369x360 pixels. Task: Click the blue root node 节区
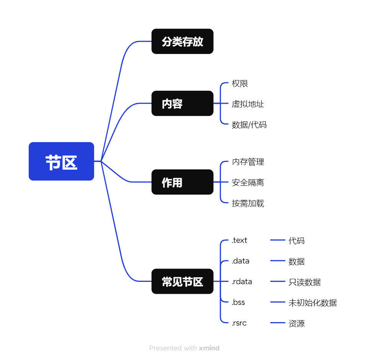click(61, 161)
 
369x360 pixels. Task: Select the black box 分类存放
click(182, 41)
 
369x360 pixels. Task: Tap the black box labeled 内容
click(182, 103)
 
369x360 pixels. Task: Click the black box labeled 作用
click(182, 182)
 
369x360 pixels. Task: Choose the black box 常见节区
click(182, 281)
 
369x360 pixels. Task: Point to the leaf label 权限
click(240, 83)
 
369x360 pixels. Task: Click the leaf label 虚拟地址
click(248, 104)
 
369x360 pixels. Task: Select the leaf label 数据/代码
click(249, 124)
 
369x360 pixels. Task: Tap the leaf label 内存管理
click(248, 162)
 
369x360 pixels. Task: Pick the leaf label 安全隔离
click(248, 182)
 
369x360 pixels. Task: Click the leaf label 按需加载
click(248, 203)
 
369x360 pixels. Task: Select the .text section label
click(239, 241)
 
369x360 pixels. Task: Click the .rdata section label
click(242, 282)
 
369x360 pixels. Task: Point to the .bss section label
click(238, 303)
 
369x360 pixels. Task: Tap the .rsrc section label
click(239, 323)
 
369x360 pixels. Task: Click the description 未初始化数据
click(312, 303)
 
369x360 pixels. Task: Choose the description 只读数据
click(304, 282)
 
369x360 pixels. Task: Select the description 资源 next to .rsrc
click(296, 323)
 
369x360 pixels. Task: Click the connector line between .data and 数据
click(278, 261)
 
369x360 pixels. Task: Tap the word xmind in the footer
click(209, 348)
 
